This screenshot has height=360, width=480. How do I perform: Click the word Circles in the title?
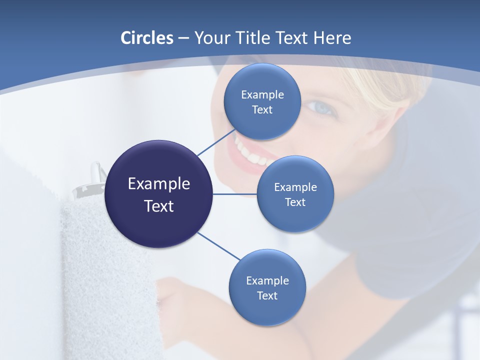(x=146, y=38)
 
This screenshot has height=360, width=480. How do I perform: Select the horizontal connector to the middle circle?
(x=235, y=194)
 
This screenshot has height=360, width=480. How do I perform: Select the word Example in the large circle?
(x=159, y=184)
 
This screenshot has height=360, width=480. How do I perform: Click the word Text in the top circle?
(x=262, y=110)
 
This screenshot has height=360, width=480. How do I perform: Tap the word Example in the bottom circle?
(x=267, y=280)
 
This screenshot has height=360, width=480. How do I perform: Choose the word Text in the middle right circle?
(x=295, y=202)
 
